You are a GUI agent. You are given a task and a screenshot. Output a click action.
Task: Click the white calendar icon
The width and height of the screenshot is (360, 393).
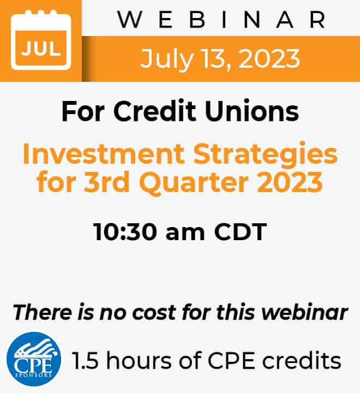coord(41,40)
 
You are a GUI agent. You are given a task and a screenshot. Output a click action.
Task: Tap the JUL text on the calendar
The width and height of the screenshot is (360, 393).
coord(41,49)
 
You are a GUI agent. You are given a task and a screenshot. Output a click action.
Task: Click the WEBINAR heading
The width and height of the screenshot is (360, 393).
coord(221,20)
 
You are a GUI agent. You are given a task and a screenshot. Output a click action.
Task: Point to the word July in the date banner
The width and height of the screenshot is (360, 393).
coord(167,59)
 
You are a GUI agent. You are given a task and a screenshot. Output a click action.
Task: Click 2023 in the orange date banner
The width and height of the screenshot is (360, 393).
coord(269,58)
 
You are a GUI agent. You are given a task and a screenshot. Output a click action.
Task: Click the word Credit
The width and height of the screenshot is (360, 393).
coord(154,111)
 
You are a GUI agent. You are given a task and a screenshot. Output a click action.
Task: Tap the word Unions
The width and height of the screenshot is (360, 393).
coord(252,111)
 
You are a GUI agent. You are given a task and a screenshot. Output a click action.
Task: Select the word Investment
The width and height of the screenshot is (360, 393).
coord(104,153)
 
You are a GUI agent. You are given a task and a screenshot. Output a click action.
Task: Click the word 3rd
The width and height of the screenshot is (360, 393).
coord(107,182)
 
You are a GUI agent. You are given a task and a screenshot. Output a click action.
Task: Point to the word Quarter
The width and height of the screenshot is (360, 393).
coord(194,183)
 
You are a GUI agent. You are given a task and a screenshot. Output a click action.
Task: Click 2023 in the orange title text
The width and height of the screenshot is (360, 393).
coord(290,182)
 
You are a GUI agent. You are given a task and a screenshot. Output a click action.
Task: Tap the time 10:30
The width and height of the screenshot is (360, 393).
coord(125,232)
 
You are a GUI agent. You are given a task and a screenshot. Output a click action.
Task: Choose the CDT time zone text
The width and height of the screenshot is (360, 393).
coord(241,232)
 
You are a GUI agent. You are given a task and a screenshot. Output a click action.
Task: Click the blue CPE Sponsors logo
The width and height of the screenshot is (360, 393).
coord(34,359)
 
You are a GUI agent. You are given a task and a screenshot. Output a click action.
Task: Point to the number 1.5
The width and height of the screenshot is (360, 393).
coord(85,361)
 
